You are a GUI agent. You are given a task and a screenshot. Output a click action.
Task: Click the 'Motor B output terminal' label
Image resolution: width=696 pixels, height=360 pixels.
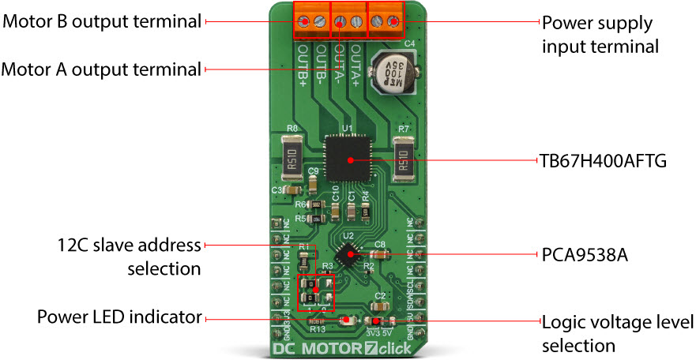(x=102, y=21)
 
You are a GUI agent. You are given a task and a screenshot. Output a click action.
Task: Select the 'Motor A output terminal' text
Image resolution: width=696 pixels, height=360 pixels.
(x=101, y=69)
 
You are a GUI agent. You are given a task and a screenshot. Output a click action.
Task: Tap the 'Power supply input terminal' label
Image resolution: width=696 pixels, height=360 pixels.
(x=600, y=34)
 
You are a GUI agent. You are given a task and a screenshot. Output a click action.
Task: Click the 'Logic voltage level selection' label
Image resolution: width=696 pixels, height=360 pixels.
(x=617, y=333)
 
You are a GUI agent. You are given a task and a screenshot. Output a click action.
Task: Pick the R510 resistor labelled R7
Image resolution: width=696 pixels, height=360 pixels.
(x=404, y=158)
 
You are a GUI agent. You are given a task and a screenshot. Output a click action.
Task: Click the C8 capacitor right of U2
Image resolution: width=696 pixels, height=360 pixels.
(x=379, y=253)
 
